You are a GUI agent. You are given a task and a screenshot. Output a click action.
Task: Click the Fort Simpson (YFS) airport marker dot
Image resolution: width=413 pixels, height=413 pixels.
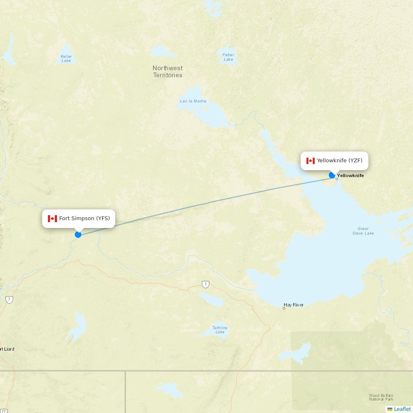click(78, 235)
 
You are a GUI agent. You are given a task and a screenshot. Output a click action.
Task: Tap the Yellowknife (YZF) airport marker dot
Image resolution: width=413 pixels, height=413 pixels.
click(332, 175)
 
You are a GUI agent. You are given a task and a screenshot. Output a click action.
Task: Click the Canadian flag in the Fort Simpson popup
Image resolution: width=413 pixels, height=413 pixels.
click(52, 218)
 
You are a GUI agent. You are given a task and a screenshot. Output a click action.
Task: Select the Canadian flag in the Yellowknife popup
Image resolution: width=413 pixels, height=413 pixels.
click(311, 161)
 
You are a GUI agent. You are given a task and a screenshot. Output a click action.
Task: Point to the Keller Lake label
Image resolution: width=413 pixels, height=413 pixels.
click(66, 59)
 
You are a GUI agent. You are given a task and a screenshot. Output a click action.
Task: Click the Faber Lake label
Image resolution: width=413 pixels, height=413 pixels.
click(228, 57)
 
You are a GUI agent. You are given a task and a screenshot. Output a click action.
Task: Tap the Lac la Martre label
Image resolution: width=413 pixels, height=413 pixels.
click(193, 101)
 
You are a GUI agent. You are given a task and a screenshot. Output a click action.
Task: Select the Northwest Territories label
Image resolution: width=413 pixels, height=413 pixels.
click(168, 71)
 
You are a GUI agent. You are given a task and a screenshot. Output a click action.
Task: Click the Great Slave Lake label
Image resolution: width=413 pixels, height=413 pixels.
click(363, 231)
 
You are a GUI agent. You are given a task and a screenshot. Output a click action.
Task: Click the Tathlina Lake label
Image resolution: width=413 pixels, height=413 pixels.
click(220, 330)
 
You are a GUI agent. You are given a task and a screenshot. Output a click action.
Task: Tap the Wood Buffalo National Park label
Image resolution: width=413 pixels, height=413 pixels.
click(381, 397)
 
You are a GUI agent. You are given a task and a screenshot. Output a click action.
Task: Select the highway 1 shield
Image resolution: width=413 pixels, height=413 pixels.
click(206, 284)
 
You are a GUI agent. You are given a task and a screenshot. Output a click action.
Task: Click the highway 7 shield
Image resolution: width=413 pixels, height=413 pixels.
click(9, 299)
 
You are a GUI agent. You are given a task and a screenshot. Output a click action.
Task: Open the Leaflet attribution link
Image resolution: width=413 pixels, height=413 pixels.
click(402, 409)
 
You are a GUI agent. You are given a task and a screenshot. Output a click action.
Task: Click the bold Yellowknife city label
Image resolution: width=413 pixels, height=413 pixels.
click(351, 176)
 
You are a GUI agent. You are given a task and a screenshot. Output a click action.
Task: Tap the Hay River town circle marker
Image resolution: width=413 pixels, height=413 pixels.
click(284, 308)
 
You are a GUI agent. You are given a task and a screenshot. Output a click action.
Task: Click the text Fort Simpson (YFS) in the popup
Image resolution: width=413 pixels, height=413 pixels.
click(84, 218)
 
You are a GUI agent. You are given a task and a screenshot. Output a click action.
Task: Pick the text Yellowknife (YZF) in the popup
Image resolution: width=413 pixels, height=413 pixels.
click(339, 161)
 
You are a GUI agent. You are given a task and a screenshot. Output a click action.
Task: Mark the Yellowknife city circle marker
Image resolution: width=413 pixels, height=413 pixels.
click(337, 179)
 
